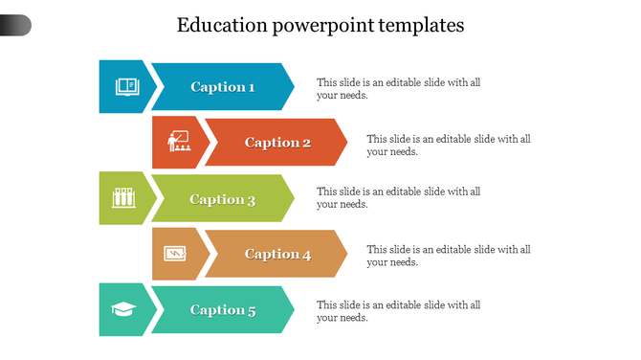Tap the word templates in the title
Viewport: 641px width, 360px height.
pyautogui.click(x=422, y=26)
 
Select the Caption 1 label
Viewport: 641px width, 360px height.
pyautogui.click(x=223, y=87)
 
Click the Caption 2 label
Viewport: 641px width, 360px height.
pyautogui.click(x=277, y=143)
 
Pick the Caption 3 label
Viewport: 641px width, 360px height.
pyautogui.click(x=223, y=199)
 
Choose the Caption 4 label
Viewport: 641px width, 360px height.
pyautogui.click(x=277, y=254)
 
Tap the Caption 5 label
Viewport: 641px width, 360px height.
pyautogui.click(x=223, y=309)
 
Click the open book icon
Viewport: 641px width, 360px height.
pyautogui.click(x=126, y=87)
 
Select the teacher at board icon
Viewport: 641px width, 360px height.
pyautogui.click(x=179, y=143)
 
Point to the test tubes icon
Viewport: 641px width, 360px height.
pyautogui.click(x=122, y=198)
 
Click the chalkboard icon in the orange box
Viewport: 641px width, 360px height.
pyautogui.click(x=175, y=254)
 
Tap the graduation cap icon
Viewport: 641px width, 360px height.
pyautogui.click(x=124, y=309)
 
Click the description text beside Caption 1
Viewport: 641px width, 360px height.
pyautogui.click(x=398, y=88)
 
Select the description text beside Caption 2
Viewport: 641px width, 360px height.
pyautogui.click(x=448, y=145)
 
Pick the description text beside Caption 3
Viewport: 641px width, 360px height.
pyautogui.click(x=398, y=197)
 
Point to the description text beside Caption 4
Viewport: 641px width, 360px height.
pyautogui.click(x=448, y=256)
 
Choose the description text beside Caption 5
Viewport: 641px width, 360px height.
pyautogui.click(x=398, y=311)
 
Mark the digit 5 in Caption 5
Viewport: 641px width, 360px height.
pyautogui.click(x=252, y=309)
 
